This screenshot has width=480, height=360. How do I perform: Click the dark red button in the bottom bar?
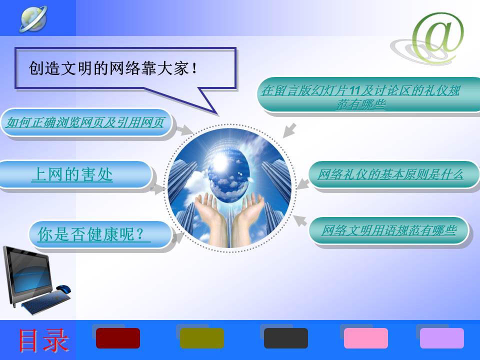point(118,338)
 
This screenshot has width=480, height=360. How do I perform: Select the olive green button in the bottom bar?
point(202,338)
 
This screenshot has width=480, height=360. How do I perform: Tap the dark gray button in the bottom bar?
point(286,338)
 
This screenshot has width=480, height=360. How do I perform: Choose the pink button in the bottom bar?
point(366,338)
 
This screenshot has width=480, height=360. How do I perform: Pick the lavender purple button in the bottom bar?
point(442,338)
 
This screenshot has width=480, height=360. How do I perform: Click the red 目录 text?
point(43,340)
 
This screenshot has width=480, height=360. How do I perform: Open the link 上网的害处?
point(72,174)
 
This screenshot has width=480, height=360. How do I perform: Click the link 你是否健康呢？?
point(93,234)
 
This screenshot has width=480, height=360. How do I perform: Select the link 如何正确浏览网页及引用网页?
point(85,122)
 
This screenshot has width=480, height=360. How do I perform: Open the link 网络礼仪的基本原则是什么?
point(390,174)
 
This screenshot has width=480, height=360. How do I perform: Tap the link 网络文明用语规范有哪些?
point(389,230)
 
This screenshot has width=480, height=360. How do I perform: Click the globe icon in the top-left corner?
point(33,18)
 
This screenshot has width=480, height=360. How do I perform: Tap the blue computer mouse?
point(63,289)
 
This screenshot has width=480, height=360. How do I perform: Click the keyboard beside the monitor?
point(46,301)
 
